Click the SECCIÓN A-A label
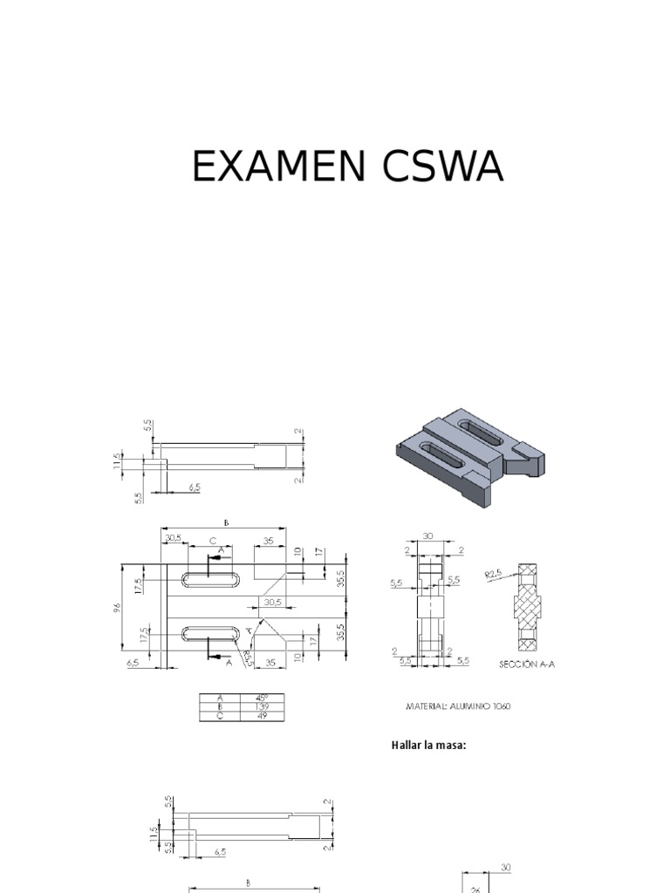pos(527,664)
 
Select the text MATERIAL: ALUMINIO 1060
pos(457,706)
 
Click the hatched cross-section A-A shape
pos(527,607)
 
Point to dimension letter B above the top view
pos(225,522)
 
